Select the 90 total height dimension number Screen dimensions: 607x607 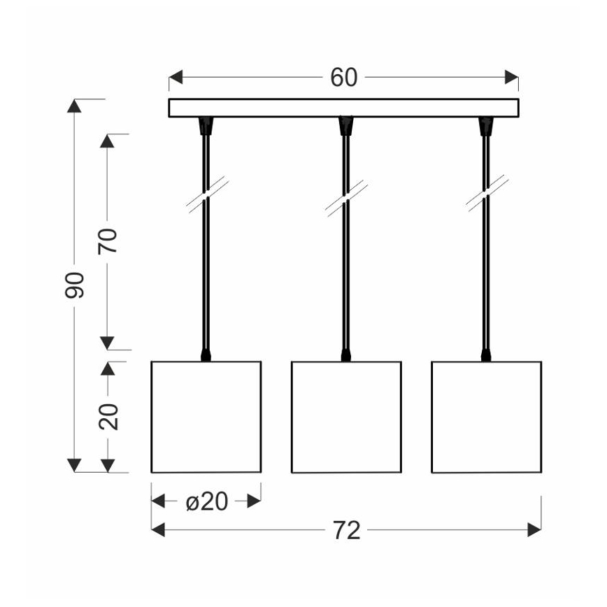coord(75,285)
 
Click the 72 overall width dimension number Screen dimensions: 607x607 coord(346,531)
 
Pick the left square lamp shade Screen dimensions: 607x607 coord(206,417)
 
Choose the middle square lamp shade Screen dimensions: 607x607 coord(346,417)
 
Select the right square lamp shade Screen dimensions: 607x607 coord(486,417)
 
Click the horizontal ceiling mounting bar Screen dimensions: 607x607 coord(343,108)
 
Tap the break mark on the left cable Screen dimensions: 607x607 coord(206,194)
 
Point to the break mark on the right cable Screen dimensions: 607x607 coord(486,194)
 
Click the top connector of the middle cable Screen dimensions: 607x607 coord(345,126)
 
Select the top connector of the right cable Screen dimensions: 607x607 coord(485,126)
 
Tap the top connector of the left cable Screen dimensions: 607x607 coord(206,126)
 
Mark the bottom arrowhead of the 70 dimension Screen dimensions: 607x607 coord(107,342)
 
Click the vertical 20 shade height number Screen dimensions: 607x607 coord(110,417)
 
